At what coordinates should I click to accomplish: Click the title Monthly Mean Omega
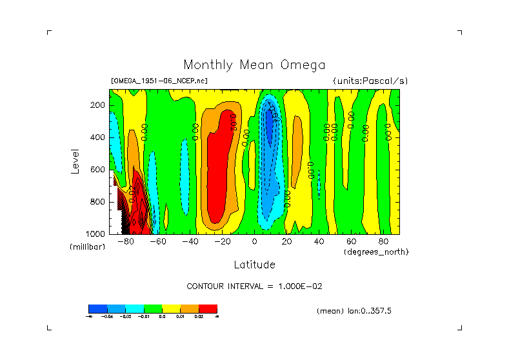[254, 65]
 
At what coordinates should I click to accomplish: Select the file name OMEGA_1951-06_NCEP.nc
[159, 81]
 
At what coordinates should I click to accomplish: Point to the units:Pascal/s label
[370, 81]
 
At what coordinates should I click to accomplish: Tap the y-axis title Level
[75, 161]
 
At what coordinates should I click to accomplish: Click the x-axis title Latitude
[254, 265]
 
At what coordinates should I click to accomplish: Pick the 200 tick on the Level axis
[98, 105]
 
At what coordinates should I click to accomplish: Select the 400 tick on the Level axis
[98, 137]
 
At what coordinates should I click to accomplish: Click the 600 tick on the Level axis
[98, 170]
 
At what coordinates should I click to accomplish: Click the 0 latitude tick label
[255, 242]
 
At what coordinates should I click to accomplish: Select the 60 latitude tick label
[352, 242]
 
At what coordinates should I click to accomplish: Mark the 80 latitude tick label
[384, 242]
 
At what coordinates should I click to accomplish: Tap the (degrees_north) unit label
[377, 252]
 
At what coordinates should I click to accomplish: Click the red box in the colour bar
[208, 308]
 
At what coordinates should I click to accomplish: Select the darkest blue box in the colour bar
[97, 308]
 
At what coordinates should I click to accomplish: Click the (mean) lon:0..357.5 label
[354, 311]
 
